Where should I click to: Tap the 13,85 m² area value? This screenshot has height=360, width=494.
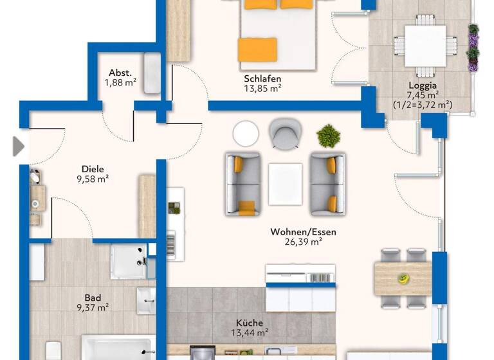pos(262,89)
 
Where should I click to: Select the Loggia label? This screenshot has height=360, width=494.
pos(423,85)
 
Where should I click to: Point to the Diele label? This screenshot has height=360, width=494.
pos(93,170)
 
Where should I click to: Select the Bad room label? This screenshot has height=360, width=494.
pos(93,298)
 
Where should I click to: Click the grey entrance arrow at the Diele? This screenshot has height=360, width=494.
pos(18,147)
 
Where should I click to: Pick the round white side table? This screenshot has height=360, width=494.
pos(246,134)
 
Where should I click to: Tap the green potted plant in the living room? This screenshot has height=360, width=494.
pos(329,136)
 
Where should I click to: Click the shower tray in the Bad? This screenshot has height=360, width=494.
pos(129,261)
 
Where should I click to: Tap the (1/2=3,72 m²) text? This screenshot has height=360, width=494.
pos(422,104)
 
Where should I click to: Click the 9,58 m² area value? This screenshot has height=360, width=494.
pos(93,179)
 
